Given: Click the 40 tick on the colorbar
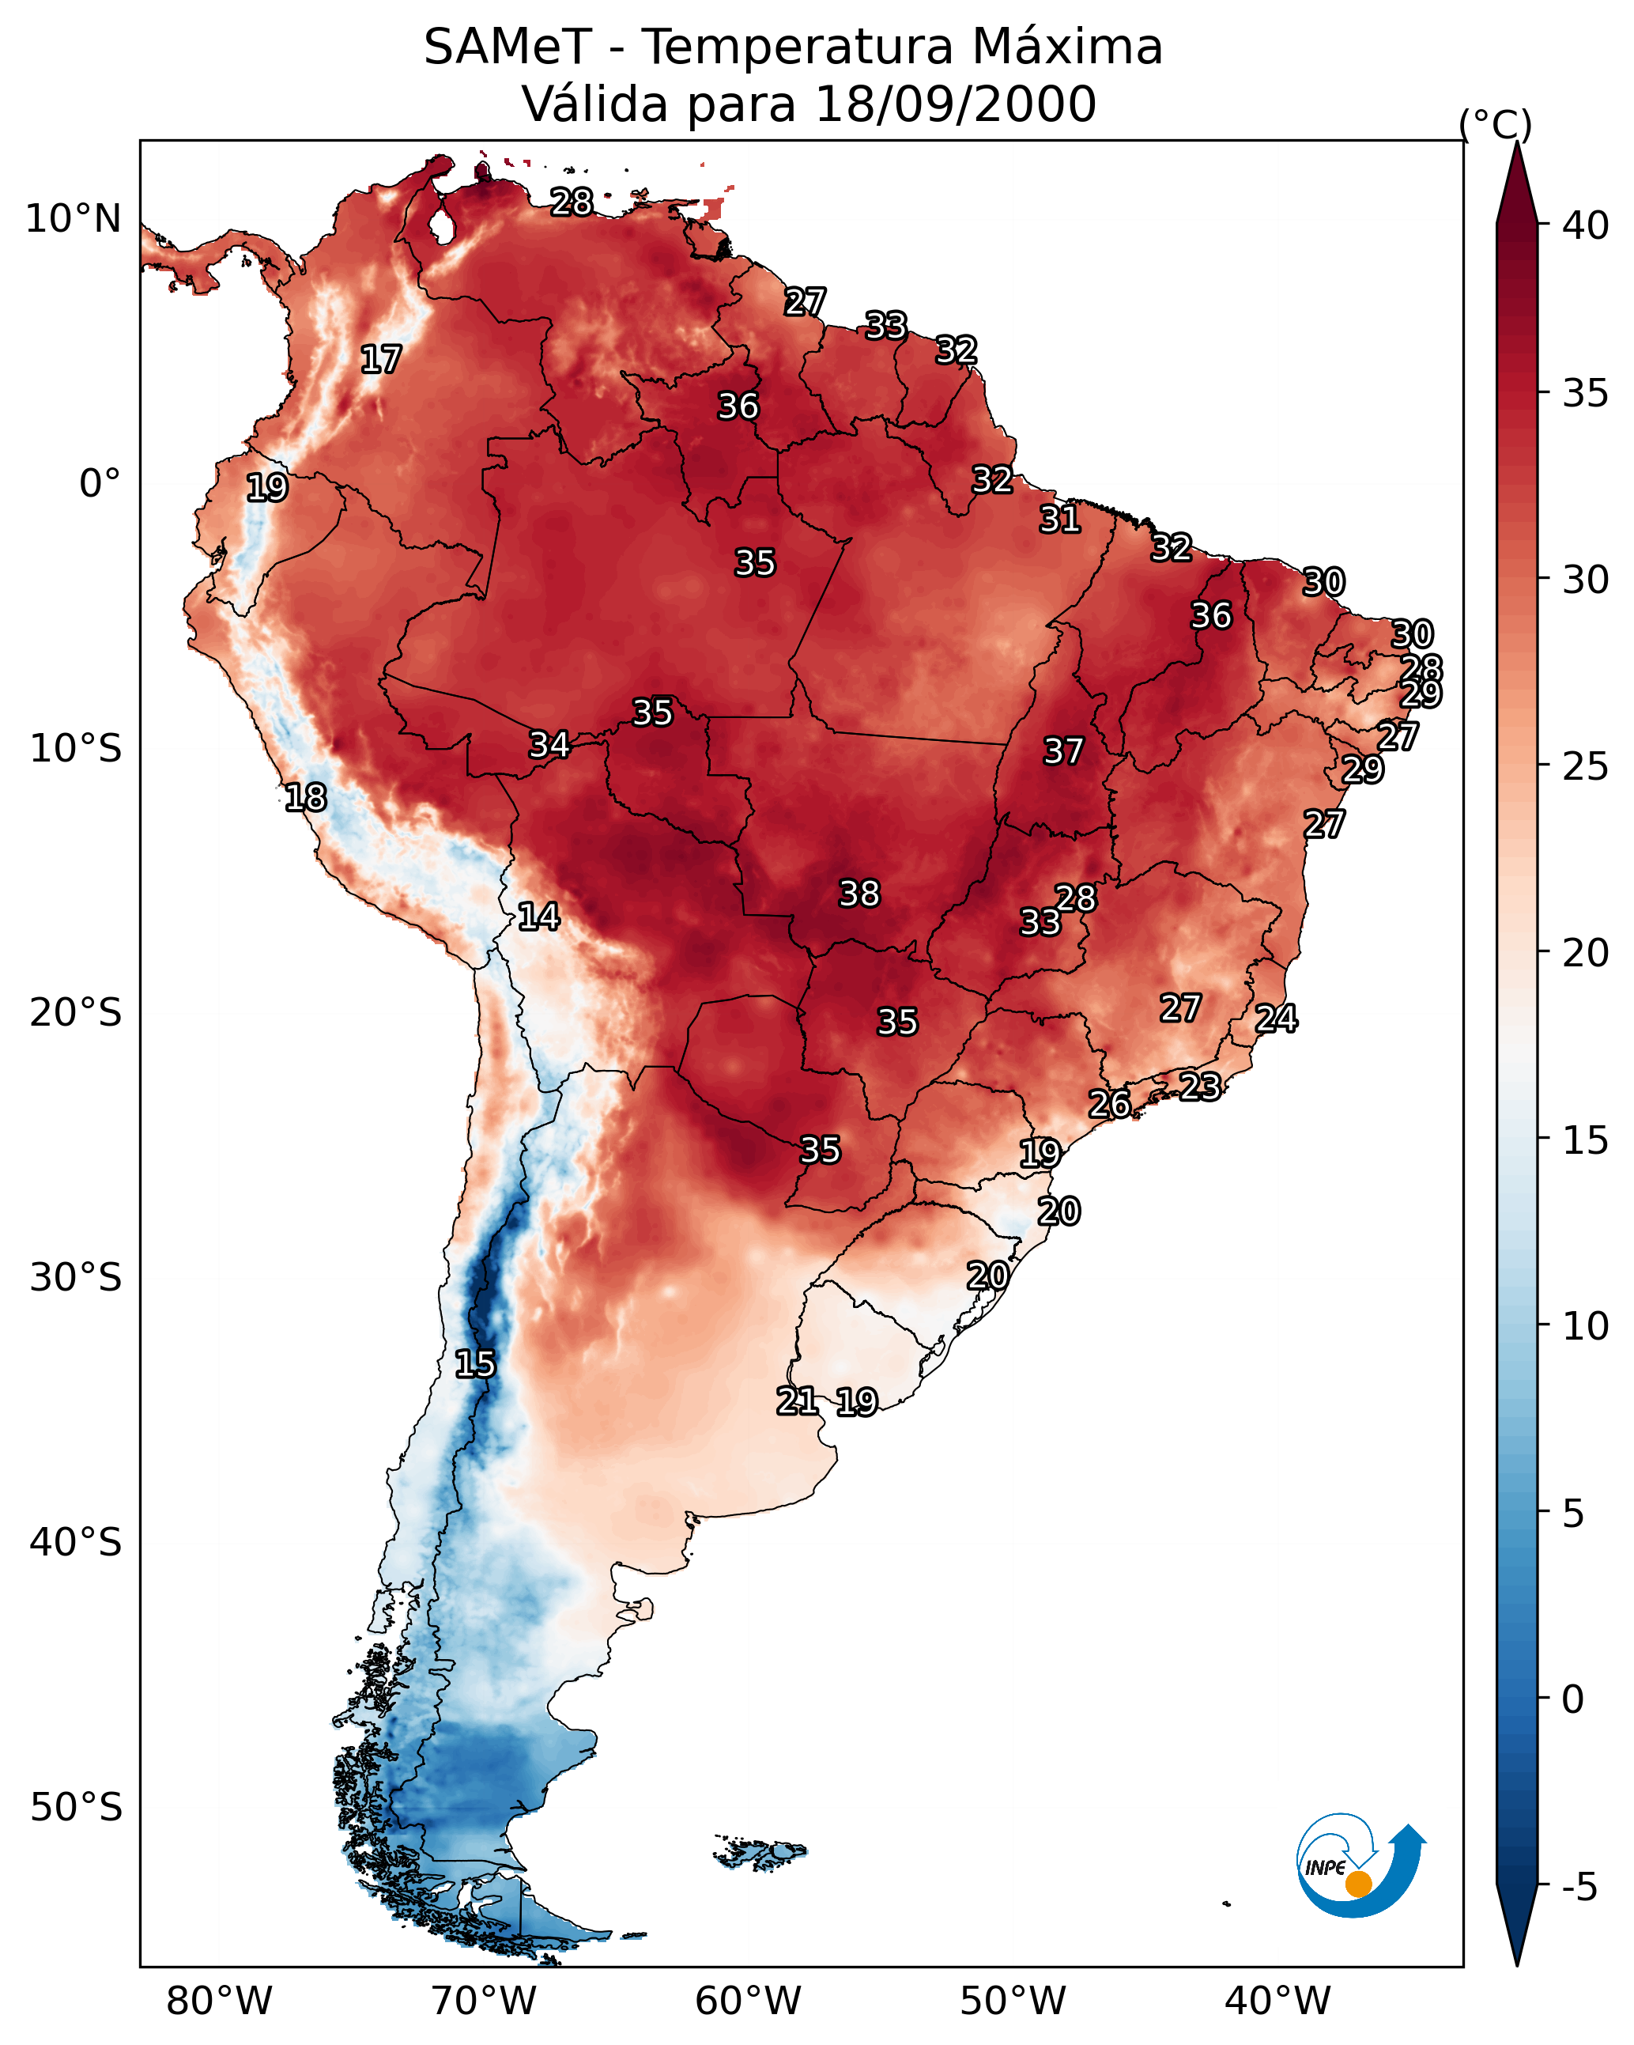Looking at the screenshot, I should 1585,225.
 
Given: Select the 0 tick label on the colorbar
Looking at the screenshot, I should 1572,1699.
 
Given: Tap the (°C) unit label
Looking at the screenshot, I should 1495,124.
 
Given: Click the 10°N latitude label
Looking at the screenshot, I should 73,219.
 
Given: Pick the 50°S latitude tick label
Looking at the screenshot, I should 76,1807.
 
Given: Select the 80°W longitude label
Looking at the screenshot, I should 219,2002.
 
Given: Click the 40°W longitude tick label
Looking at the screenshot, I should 1277,2002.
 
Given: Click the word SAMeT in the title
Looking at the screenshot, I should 508,47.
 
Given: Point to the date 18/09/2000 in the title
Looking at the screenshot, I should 955,104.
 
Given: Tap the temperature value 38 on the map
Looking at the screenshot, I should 859,894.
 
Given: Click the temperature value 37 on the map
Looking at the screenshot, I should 1063,751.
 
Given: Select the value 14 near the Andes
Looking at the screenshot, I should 538,917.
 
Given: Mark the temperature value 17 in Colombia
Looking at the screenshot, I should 381,360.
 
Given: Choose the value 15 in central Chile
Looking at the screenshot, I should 475,1364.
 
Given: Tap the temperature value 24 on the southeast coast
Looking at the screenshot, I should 1277,1019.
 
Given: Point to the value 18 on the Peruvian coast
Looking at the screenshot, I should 305,797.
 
